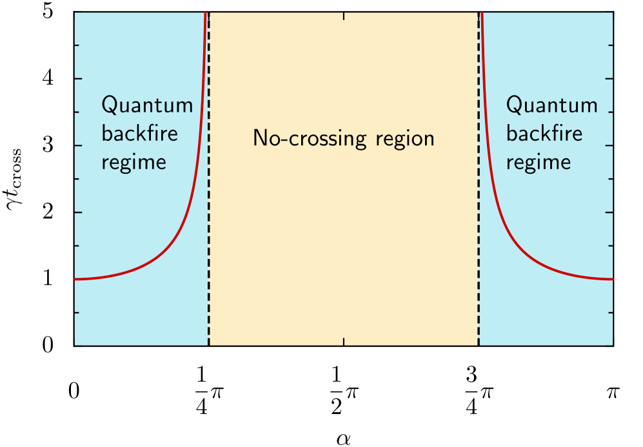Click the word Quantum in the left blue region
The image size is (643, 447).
click(147, 106)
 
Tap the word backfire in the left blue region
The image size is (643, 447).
click(140, 134)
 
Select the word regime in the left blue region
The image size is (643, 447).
click(134, 162)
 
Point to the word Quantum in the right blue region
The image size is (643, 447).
click(551, 106)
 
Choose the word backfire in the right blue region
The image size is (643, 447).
click(544, 134)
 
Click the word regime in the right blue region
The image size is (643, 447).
click(539, 162)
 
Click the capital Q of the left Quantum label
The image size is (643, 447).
click(110, 106)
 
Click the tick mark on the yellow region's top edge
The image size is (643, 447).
click(344, 16)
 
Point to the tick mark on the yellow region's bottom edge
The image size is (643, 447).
click(344, 341)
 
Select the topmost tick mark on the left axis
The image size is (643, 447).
click(77, 45)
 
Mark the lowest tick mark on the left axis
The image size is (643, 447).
click(77, 313)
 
